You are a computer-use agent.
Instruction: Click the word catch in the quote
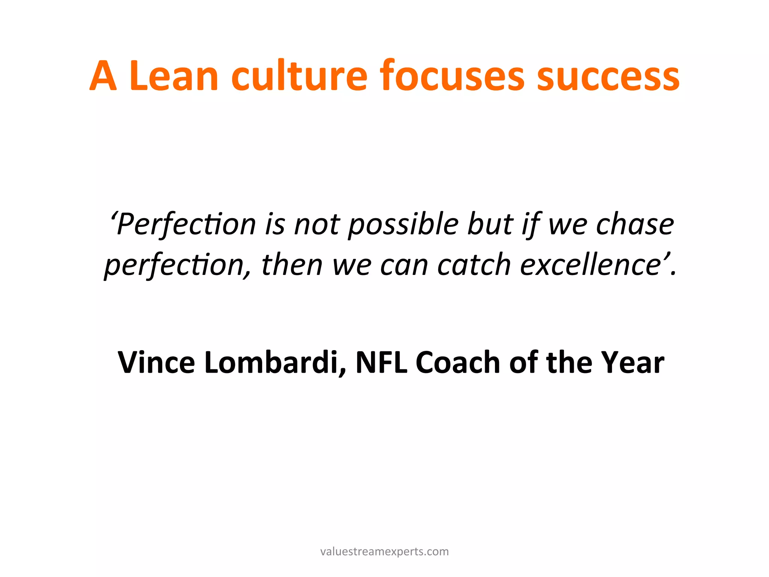click(473, 265)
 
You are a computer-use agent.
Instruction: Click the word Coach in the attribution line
click(458, 362)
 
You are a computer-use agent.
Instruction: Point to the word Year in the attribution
click(632, 362)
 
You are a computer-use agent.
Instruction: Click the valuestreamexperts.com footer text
click(384, 551)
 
